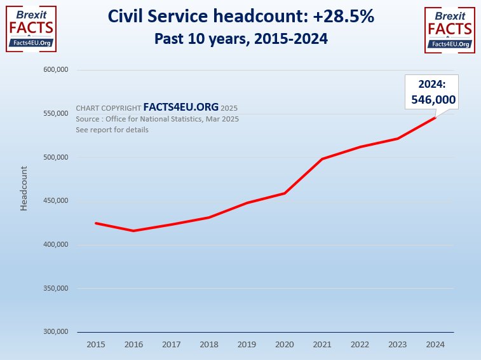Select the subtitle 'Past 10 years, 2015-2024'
point(240,39)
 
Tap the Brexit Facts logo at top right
point(450,28)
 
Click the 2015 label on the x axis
point(96,344)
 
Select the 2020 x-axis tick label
point(285,344)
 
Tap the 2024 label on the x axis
point(435,344)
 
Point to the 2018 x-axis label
point(209,344)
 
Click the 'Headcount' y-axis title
point(24,188)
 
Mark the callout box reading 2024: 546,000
point(431,92)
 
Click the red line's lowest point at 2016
point(133,231)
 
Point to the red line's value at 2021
point(322,159)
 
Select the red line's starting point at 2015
point(96,223)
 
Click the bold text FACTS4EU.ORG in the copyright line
point(180,108)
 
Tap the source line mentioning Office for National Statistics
point(157,119)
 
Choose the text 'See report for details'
point(112,130)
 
